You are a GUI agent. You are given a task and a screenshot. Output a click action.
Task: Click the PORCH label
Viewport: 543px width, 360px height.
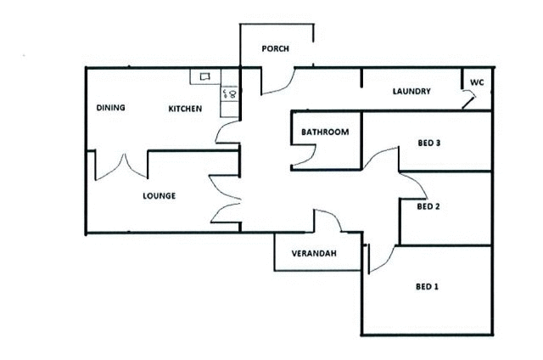(x=275, y=48)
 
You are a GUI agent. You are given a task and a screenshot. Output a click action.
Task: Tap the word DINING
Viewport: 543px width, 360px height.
(x=110, y=108)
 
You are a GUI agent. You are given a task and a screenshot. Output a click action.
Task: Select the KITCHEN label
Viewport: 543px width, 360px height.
(x=185, y=109)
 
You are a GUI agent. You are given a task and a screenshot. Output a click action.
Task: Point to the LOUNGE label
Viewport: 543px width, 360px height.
(x=159, y=196)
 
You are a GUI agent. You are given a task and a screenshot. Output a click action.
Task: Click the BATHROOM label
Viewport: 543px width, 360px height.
(x=325, y=132)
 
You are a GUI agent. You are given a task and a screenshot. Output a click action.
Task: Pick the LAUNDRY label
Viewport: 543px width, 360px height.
(x=411, y=92)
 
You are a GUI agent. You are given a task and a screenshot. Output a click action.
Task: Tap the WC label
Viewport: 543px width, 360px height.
(x=477, y=82)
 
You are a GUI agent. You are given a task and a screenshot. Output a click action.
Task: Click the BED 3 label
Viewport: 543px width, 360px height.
(x=428, y=143)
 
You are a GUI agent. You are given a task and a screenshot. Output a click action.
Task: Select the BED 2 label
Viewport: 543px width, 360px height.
(x=428, y=206)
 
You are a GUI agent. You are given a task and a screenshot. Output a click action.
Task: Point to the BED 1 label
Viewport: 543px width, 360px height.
(x=427, y=286)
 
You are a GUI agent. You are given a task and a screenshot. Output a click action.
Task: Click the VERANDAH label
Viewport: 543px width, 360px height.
(x=314, y=253)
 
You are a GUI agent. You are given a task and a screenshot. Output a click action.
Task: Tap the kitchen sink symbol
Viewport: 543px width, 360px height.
(x=205, y=76)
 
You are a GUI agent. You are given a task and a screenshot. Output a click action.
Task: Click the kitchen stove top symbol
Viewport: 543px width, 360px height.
(x=230, y=93)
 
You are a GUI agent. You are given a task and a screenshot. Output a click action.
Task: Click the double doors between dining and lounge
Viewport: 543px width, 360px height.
(x=121, y=168)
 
